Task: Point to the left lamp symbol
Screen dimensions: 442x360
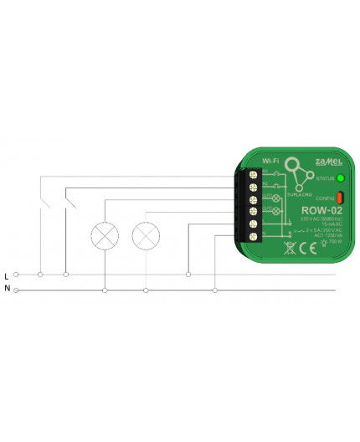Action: [105, 235]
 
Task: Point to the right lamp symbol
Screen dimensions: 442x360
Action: [147, 235]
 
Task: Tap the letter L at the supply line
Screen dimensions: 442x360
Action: [8, 275]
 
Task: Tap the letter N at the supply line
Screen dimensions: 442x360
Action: [8, 290]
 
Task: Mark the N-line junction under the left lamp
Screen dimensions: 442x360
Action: [105, 290]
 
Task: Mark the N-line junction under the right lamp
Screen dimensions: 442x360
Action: [147, 290]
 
